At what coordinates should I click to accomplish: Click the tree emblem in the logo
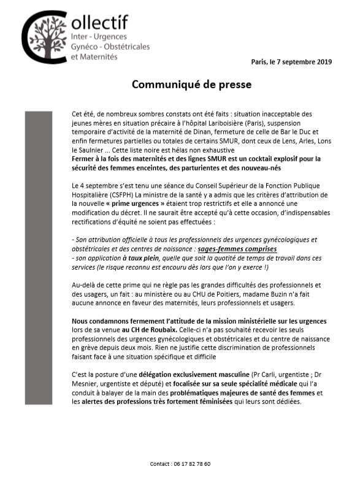[x=47, y=37]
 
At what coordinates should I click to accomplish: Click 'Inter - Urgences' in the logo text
[x=98, y=37]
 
